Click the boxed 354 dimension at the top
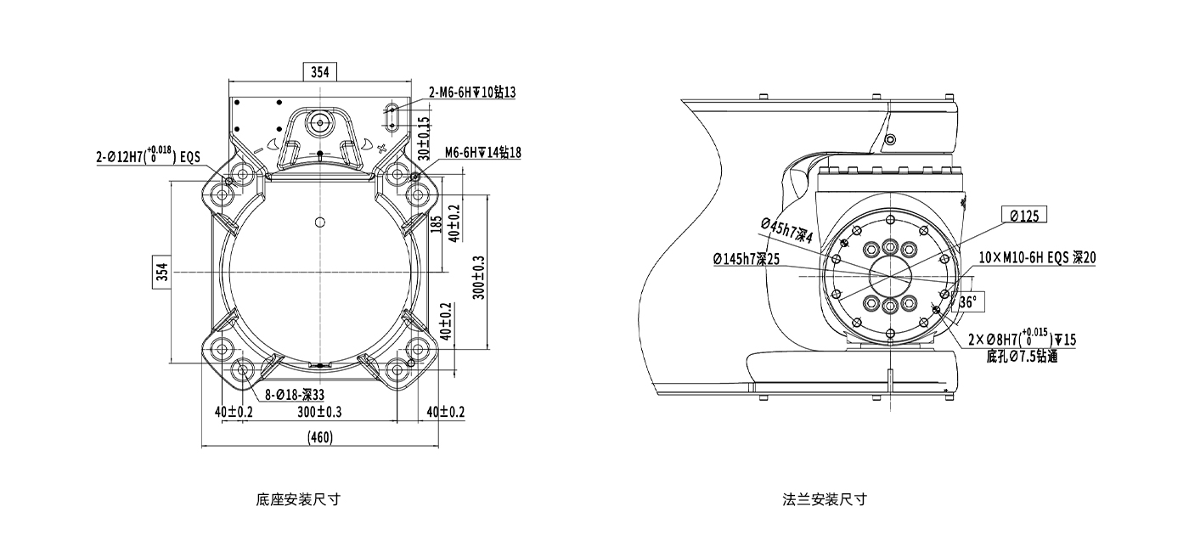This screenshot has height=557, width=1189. pyautogui.click(x=319, y=72)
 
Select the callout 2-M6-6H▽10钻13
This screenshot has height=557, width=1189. pyautogui.click(x=472, y=93)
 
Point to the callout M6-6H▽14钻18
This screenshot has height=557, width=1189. pyautogui.click(x=482, y=153)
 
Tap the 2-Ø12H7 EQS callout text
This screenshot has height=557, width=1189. pyautogui.click(x=147, y=155)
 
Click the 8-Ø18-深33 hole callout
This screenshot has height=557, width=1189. pyautogui.click(x=294, y=394)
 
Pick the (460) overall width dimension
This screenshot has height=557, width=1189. pyautogui.click(x=319, y=437)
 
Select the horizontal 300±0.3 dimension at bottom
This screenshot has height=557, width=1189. pyautogui.click(x=319, y=412)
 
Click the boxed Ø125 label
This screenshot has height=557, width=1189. pyautogui.click(x=1024, y=216)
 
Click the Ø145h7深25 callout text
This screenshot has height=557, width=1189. pyautogui.click(x=746, y=258)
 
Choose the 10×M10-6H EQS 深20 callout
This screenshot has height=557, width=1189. pyautogui.click(x=1037, y=257)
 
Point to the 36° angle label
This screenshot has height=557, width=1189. pyautogui.click(x=968, y=301)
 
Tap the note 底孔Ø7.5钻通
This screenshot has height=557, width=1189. pyautogui.click(x=1022, y=357)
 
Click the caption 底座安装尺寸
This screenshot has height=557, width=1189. pyautogui.click(x=298, y=499)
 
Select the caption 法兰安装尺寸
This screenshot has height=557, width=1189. pyautogui.click(x=825, y=499)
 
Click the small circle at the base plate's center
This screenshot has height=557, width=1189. pyautogui.click(x=319, y=222)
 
